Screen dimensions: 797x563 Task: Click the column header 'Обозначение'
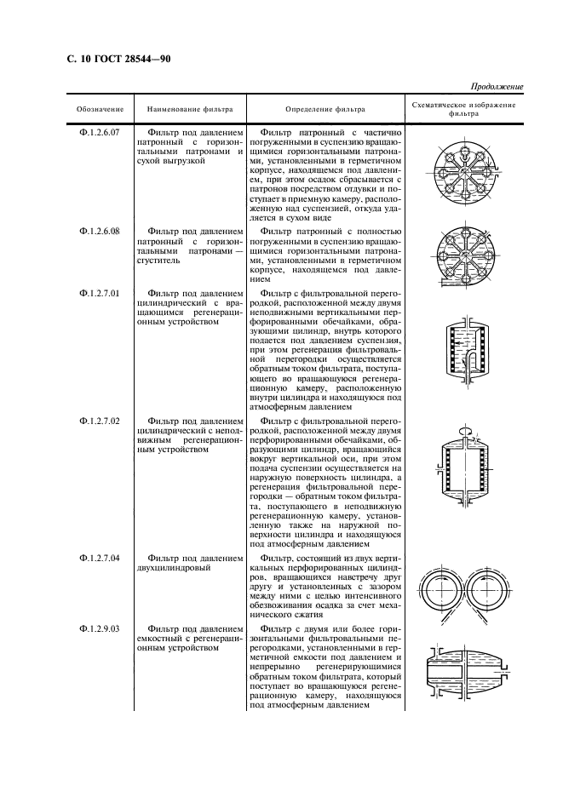[x=100, y=109]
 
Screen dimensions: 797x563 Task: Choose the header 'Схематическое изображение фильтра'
[x=463, y=108]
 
